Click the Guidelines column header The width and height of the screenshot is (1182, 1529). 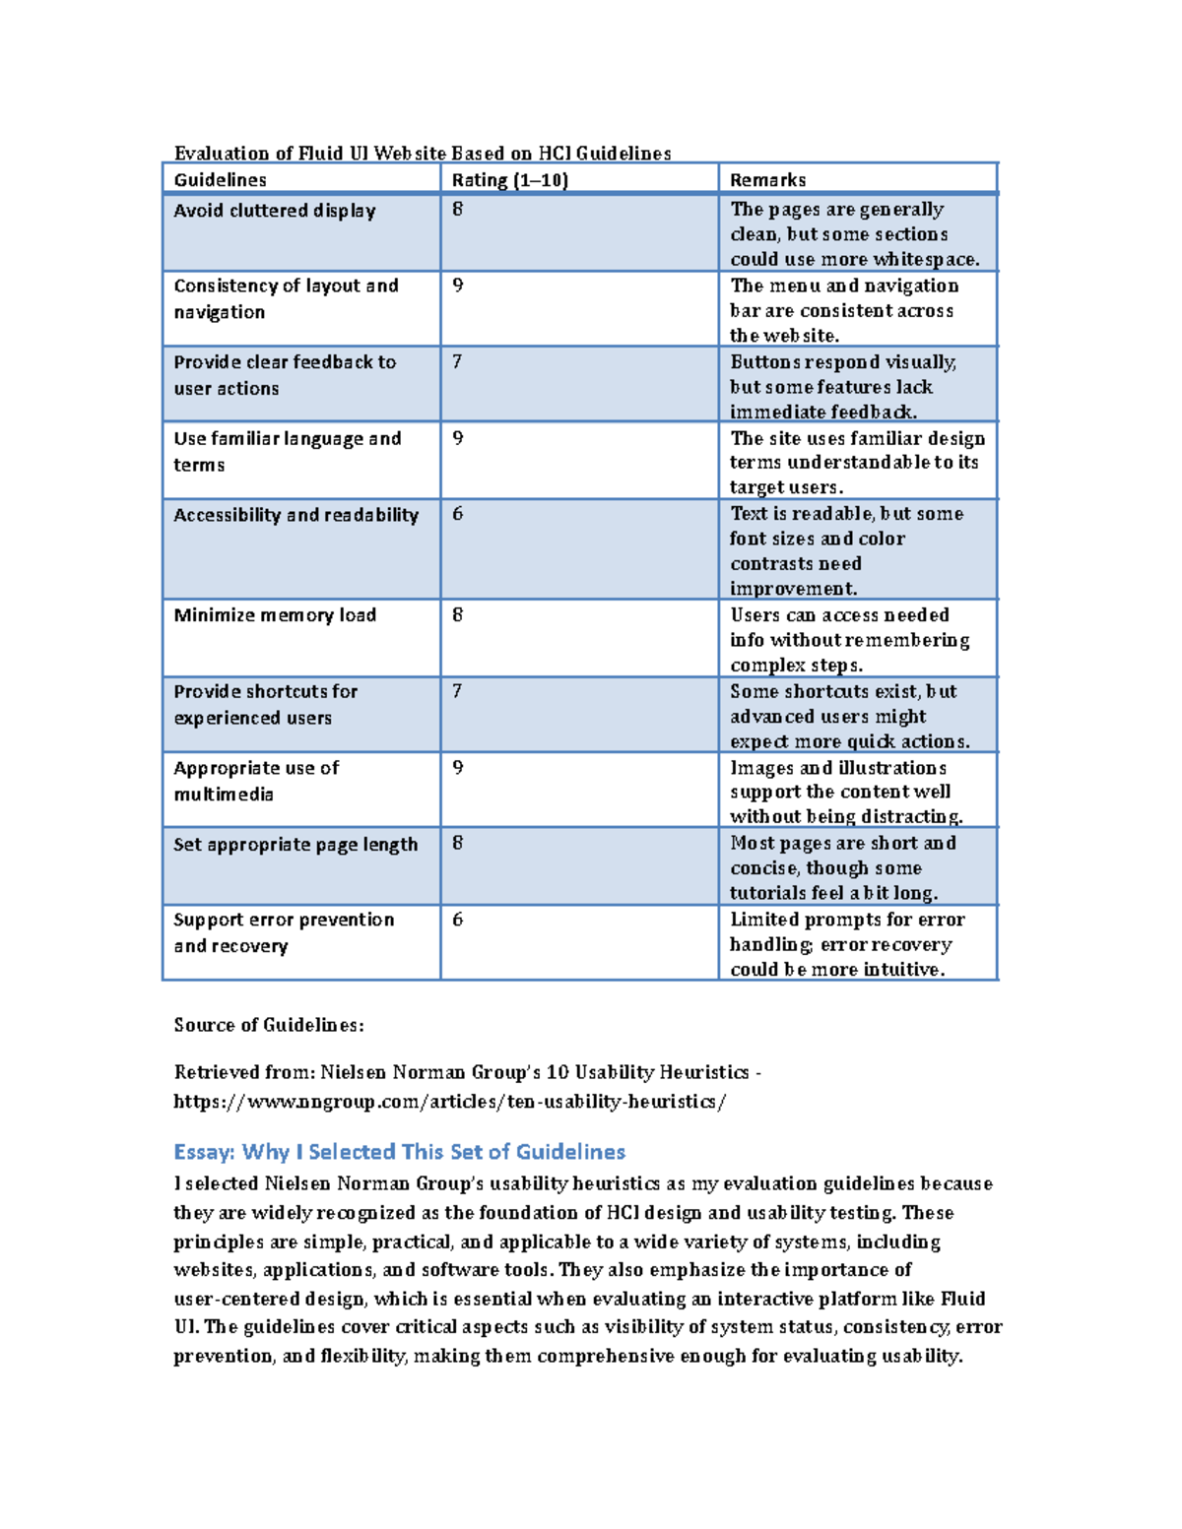(x=220, y=180)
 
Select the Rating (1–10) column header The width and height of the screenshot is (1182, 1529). (x=509, y=180)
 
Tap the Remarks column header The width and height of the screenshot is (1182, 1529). (x=767, y=180)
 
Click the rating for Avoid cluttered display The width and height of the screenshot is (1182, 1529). (x=457, y=210)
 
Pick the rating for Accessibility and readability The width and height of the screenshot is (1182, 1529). (x=457, y=514)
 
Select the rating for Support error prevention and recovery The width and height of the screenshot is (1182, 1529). (x=457, y=920)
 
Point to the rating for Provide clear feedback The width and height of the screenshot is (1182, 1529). (x=457, y=362)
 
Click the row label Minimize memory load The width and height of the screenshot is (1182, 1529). (x=275, y=615)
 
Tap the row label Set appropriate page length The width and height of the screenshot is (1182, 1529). (x=295, y=845)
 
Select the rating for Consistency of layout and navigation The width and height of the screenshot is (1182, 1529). (x=457, y=286)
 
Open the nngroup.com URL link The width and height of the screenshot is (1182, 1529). (x=449, y=1102)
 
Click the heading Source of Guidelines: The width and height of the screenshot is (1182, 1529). (x=269, y=1025)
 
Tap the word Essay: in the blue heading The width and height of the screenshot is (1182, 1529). (x=204, y=1152)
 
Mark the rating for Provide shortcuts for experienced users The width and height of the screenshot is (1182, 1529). (x=457, y=691)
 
